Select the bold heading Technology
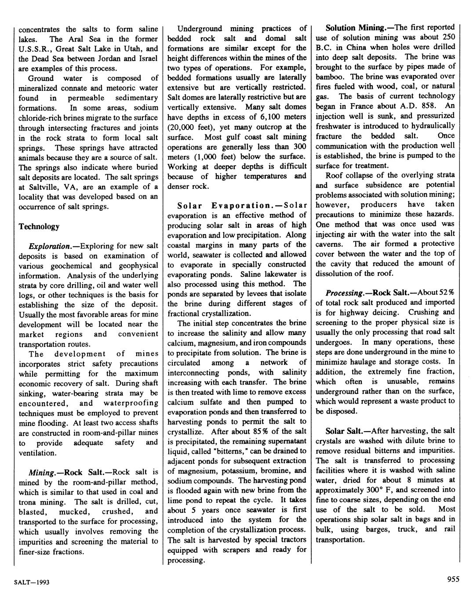point(39,227)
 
